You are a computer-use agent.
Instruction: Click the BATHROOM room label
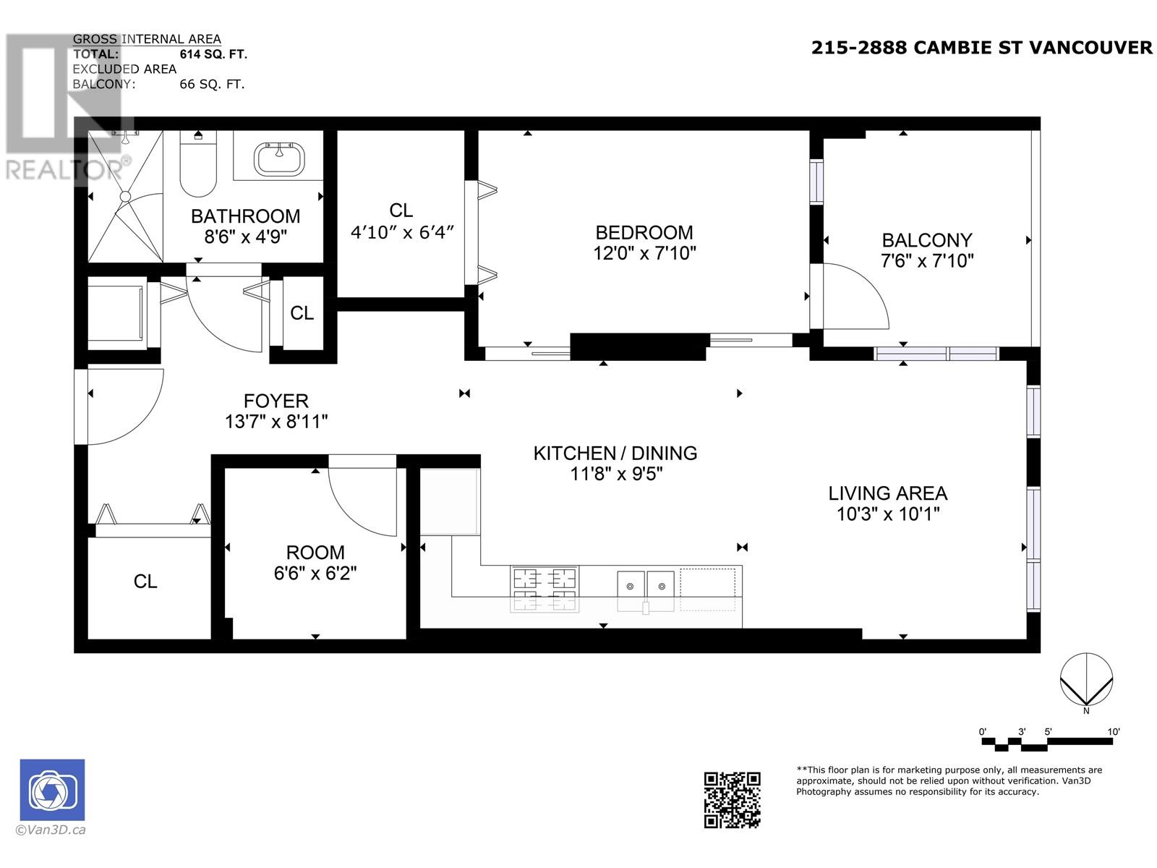pos(245,216)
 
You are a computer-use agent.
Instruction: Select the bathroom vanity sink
pos(279,158)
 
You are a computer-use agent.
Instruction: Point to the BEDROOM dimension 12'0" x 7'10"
pos(644,253)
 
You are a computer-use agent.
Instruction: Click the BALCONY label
pos(926,240)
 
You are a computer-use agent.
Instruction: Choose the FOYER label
pos(276,401)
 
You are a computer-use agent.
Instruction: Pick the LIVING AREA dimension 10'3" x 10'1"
pos(887,514)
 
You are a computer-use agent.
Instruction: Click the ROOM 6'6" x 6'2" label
pos(315,563)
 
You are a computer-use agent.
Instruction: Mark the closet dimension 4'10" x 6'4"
pos(401,233)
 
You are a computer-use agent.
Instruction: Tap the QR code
pos(732,799)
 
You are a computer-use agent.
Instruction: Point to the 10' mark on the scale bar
pos(1114,732)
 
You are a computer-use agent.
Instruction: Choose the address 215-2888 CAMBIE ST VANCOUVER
pos(981,48)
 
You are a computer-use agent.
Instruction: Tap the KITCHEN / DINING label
pos(615,454)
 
